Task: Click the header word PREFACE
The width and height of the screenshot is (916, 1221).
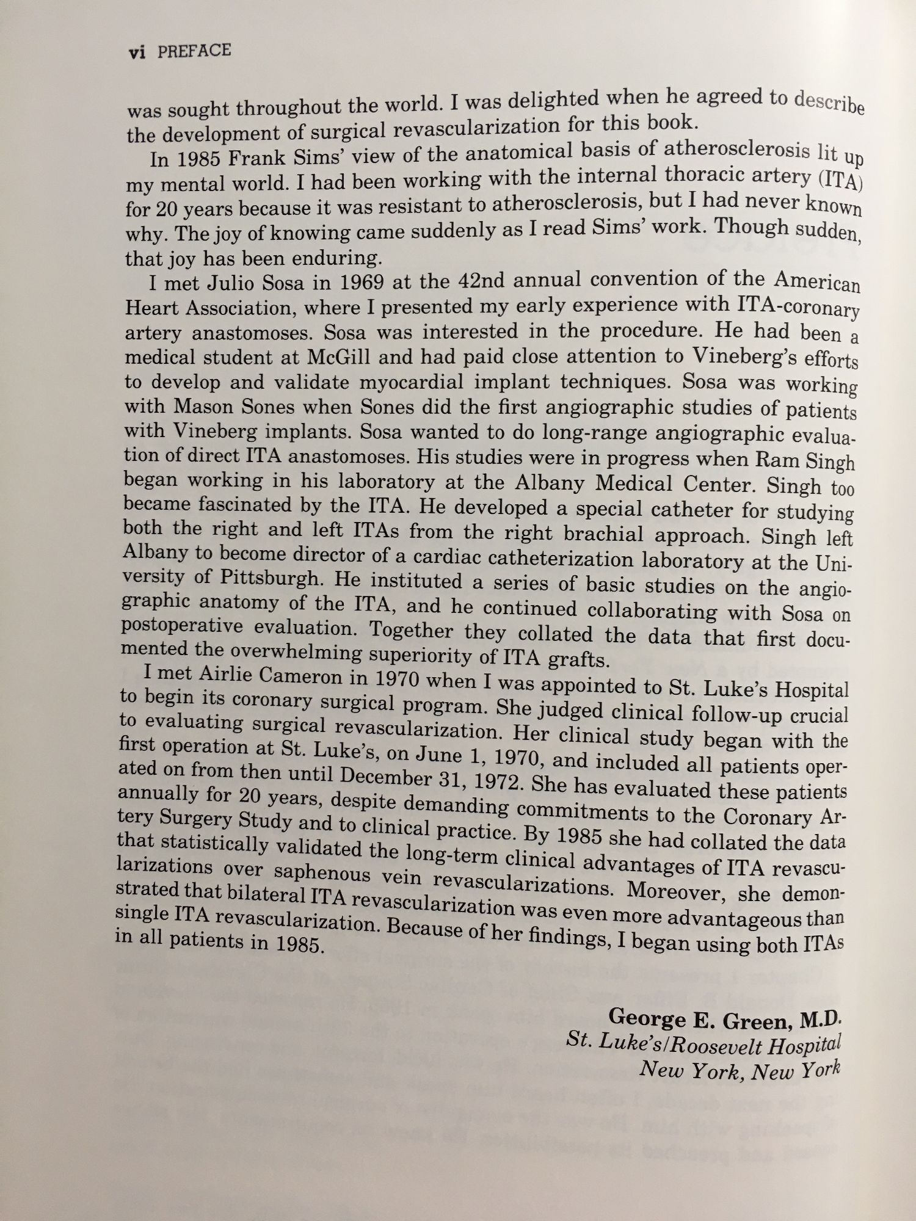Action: pos(194,51)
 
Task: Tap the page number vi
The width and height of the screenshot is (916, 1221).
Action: pos(137,53)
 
